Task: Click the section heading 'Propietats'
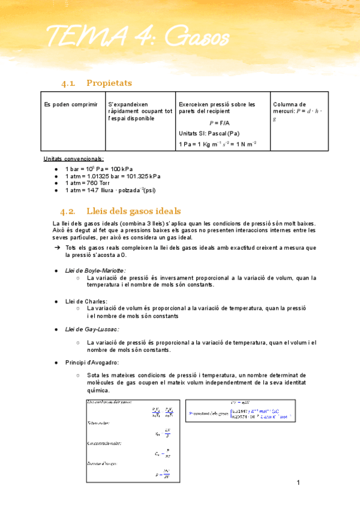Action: [x=109, y=83]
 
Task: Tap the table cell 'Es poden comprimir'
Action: [x=71, y=104]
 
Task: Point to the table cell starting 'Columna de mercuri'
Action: [x=298, y=111]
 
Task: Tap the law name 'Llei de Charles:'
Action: [x=86, y=301]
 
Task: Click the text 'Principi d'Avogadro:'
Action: [x=92, y=363]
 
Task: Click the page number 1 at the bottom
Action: [x=298, y=482]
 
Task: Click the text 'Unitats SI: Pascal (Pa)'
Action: [x=209, y=133]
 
